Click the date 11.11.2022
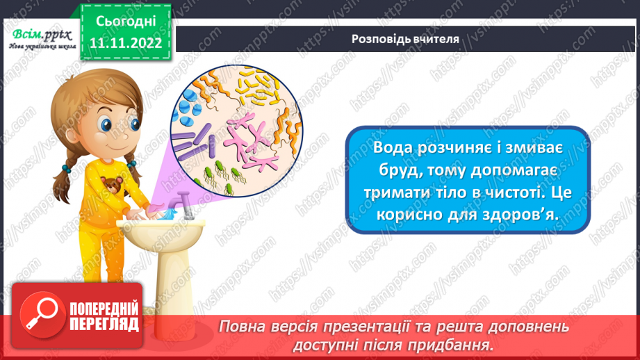(x=126, y=42)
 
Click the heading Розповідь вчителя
(x=405, y=39)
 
